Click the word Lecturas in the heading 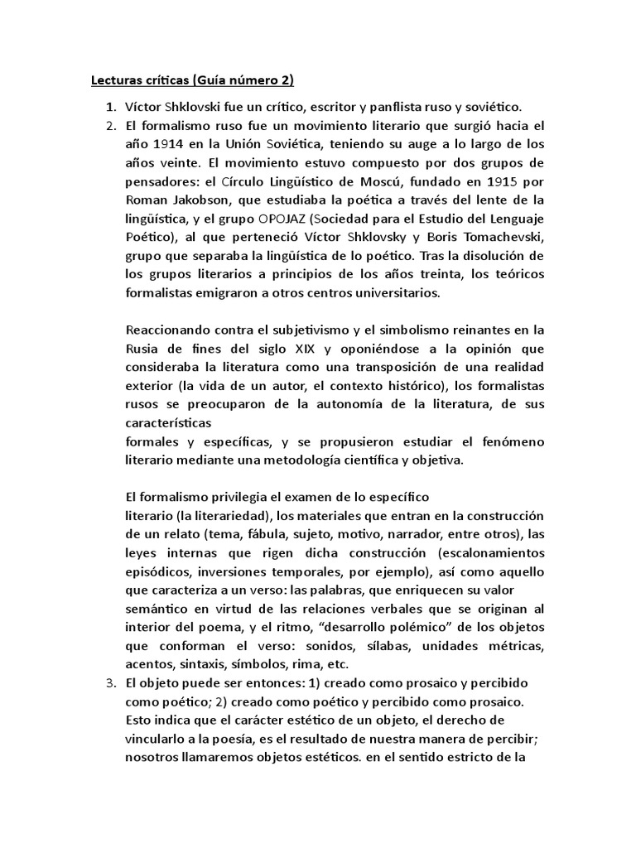pyautogui.click(x=118, y=80)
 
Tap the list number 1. pyautogui.click(x=109, y=107)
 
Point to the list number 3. pyautogui.click(x=109, y=684)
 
